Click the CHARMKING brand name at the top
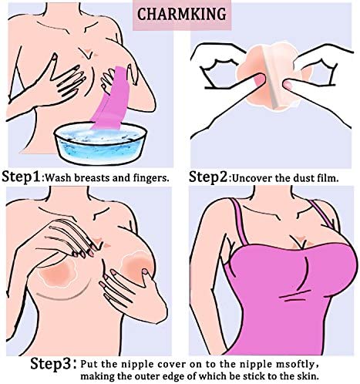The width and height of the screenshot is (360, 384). pyautogui.click(x=182, y=15)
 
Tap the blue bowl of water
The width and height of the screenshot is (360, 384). pyautogui.click(x=100, y=143)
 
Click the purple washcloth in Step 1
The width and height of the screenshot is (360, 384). pyautogui.click(x=111, y=99)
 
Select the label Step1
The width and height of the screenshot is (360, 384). pyautogui.click(x=21, y=177)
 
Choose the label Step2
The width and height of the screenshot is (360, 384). pyautogui.click(x=208, y=177)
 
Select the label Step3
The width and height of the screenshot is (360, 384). pyautogui.click(x=53, y=363)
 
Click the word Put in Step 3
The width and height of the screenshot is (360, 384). pyautogui.click(x=89, y=364)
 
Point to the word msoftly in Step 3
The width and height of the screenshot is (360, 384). pyautogui.click(x=298, y=365)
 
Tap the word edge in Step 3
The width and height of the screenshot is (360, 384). pyautogui.click(x=163, y=377)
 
